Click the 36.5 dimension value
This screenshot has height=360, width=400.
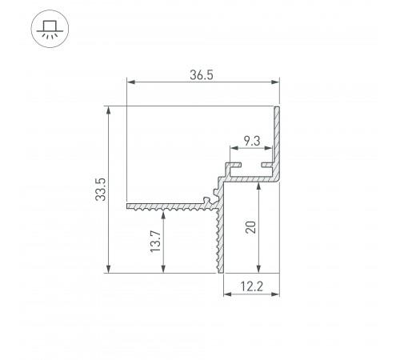(x=202, y=75)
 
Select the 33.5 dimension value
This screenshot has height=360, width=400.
(x=101, y=190)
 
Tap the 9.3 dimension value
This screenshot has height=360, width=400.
(x=252, y=141)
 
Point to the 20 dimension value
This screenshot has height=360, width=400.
(x=250, y=227)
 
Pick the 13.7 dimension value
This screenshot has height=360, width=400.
(x=155, y=242)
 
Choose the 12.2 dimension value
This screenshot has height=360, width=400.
(x=251, y=286)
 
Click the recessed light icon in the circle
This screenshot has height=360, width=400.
(x=50, y=30)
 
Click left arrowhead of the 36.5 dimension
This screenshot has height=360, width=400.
(x=131, y=82)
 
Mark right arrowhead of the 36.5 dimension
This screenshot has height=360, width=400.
(x=275, y=82)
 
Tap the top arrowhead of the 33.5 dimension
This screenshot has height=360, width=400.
(x=108, y=110)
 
